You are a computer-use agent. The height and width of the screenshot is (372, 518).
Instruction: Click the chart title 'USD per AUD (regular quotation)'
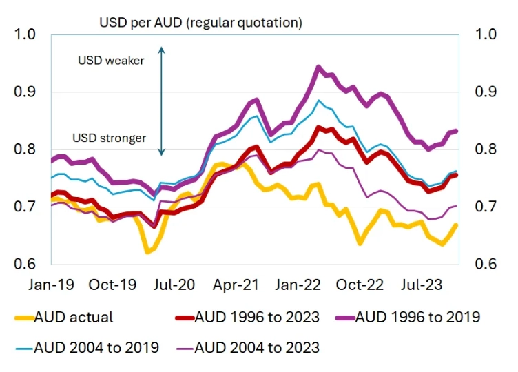point(200,23)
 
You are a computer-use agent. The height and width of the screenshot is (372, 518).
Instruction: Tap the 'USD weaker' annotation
point(111,61)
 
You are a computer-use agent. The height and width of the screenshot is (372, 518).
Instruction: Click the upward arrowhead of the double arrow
point(161,49)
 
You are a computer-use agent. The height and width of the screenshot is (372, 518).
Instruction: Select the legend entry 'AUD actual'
point(65,318)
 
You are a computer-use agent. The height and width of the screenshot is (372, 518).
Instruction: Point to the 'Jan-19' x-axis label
point(52,284)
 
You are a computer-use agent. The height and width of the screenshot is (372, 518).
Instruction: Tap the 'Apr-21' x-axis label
point(237,284)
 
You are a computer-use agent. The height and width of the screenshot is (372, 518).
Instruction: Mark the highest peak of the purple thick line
point(318,67)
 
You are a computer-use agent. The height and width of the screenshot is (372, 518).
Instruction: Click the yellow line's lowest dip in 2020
point(147,252)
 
